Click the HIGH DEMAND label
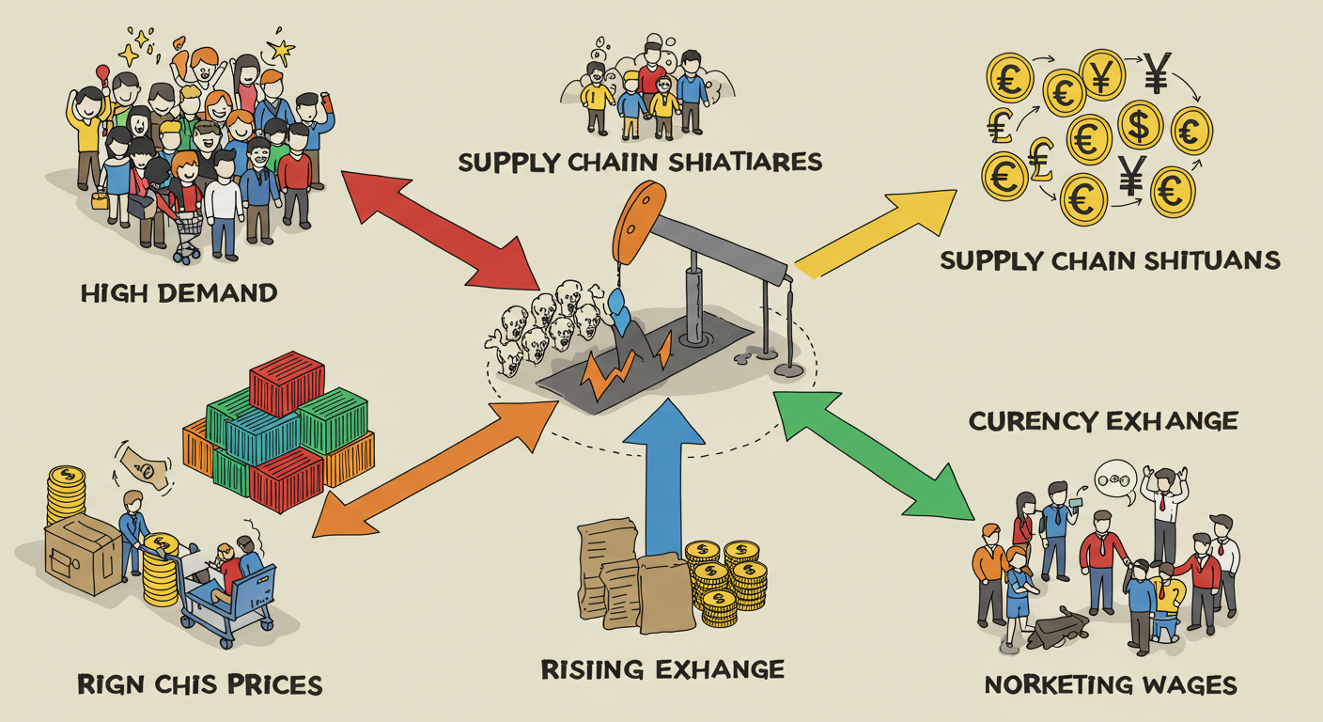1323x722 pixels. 179,292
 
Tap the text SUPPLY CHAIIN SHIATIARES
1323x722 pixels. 640,162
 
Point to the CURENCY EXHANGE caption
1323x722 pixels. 1102,420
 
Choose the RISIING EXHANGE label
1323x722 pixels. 662,669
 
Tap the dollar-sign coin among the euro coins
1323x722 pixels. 1139,124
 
